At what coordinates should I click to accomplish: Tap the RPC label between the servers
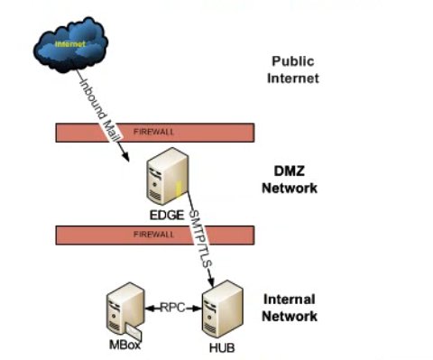pos(174,307)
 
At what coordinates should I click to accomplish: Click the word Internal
pos(290,299)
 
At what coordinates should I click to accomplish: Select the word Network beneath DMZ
pos(290,189)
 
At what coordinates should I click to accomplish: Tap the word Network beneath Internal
pos(290,316)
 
